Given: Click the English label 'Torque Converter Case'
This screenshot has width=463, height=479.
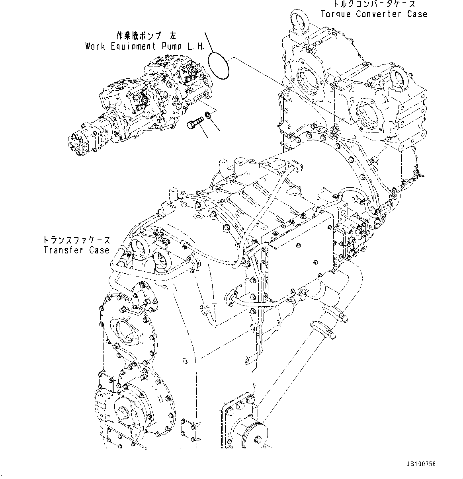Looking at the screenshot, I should pos(374,14).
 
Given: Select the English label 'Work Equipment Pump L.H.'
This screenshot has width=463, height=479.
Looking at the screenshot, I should pos(145,47).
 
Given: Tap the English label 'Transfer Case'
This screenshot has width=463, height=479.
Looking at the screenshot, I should pos(76,250).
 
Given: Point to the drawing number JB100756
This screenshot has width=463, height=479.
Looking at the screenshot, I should pos(421,464).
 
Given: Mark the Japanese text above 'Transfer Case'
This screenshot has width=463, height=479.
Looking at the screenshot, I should pos(76,240).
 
